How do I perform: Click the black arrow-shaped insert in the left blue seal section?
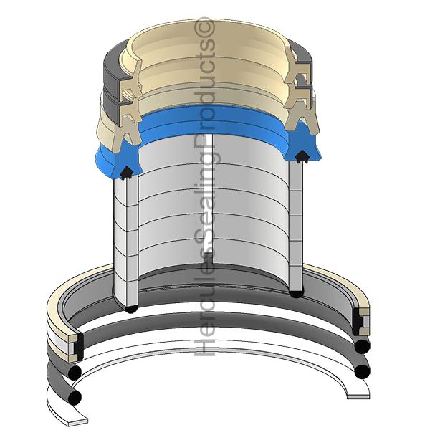pos(126,173)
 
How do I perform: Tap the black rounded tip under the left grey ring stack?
pos(131,308)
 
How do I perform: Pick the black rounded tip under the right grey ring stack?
pos(296,293)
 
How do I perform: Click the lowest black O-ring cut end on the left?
pos(75,396)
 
